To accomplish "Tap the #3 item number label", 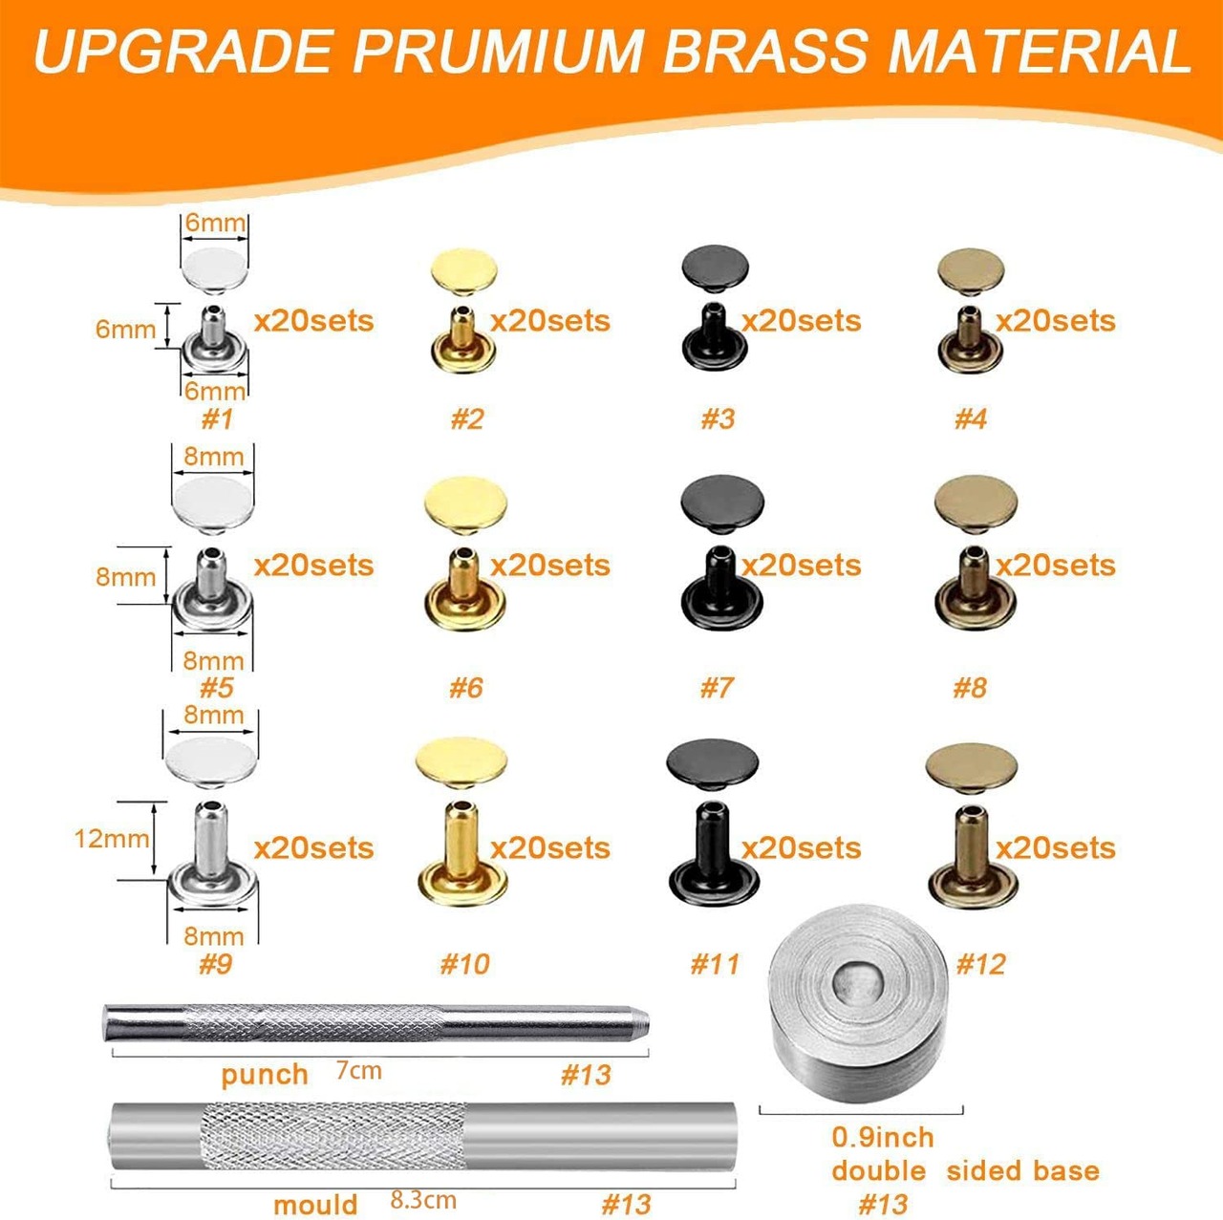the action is pos(718,419).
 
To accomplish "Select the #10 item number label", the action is pos(464,964).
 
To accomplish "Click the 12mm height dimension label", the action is pos(112,839).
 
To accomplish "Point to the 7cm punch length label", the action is pos(358,1071).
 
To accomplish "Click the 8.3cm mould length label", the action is pos(423,1183).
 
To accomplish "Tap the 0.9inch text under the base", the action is pos(883,1138).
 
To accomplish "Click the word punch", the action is pos(265,1076).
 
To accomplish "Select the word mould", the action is pos(315,1187).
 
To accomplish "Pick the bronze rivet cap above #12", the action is pos(971,768).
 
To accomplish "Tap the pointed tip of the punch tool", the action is pos(647,1022).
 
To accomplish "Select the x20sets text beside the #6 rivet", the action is pos(550,566).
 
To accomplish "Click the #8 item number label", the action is pos(970,688).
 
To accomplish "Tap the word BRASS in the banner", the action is pos(764,51).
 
